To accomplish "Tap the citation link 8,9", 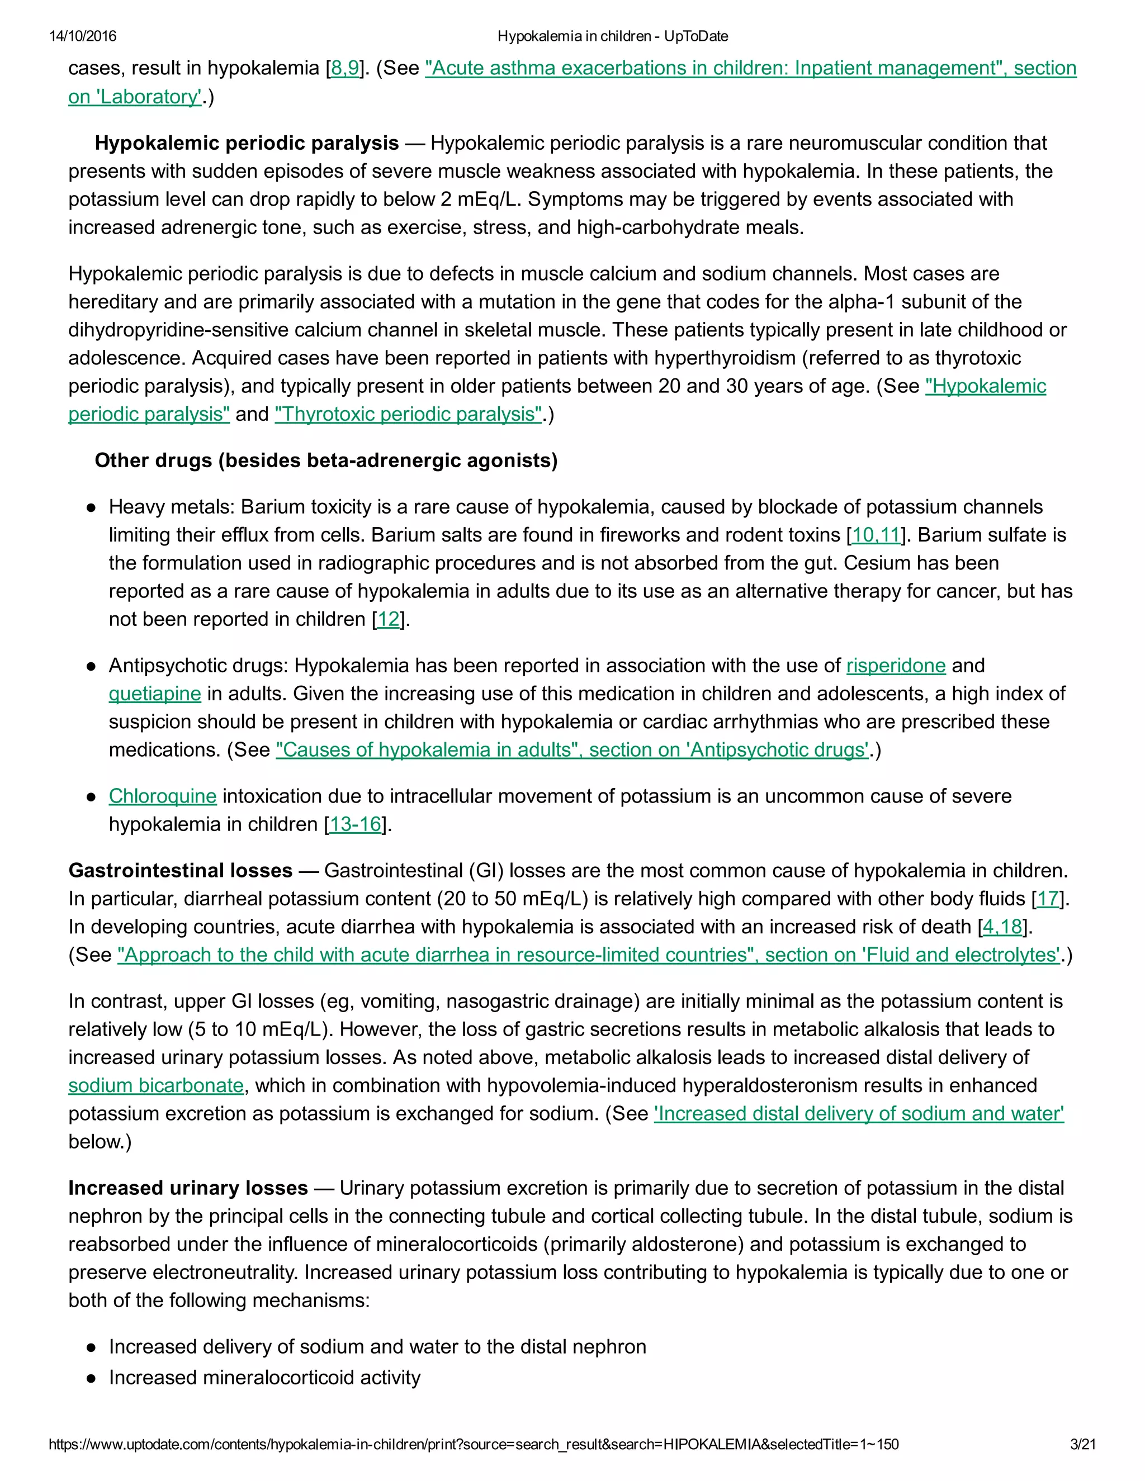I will click(x=344, y=69).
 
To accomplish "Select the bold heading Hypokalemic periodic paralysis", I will click(x=246, y=143).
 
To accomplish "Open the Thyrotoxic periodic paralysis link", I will click(x=408, y=414).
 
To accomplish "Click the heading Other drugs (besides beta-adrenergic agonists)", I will click(x=325, y=461).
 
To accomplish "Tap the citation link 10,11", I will click(x=876, y=535).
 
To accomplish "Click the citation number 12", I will click(x=388, y=619).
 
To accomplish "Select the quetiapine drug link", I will click(x=155, y=694).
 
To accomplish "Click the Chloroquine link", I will click(x=162, y=796).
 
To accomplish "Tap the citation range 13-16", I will click(x=356, y=824).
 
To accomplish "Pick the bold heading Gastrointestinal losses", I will click(x=181, y=871).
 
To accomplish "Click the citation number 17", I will click(x=1047, y=899).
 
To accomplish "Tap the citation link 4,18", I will click(x=1002, y=927).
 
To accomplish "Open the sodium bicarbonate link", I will click(x=156, y=1086).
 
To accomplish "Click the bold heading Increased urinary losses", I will click(x=188, y=1188).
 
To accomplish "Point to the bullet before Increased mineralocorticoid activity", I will click(x=91, y=1379).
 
